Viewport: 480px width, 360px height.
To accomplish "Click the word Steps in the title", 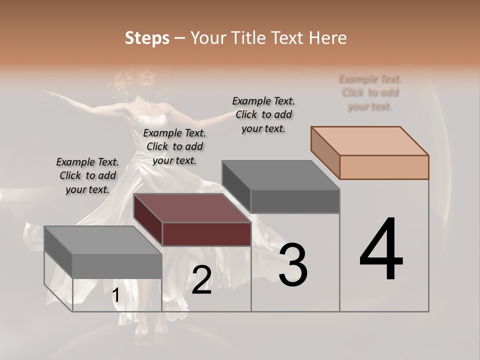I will pyautogui.click(x=147, y=38).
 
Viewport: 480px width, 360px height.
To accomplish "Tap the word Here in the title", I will pyautogui.click(x=328, y=38).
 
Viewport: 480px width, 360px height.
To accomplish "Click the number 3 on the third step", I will pyautogui.click(x=293, y=264).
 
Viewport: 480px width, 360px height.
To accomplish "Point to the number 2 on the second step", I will pyautogui.click(x=201, y=280).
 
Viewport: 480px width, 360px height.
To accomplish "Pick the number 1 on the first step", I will pyautogui.click(x=115, y=295).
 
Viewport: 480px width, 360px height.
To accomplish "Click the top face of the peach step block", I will pyautogui.click(x=369, y=140).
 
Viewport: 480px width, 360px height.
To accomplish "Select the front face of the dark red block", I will pyautogui.click(x=206, y=234).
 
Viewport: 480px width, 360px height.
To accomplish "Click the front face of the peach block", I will pyautogui.click(x=384, y=167).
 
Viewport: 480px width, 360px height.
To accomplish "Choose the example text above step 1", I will pyautogui.click(x=87, y=175).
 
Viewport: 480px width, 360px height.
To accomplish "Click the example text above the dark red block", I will pyautogui.click(x=174, y=146).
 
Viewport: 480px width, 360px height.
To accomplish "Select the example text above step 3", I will pyautogui.click(x=263, y=114).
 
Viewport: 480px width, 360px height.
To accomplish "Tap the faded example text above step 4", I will pyautogui.click(x=370, y=92).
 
